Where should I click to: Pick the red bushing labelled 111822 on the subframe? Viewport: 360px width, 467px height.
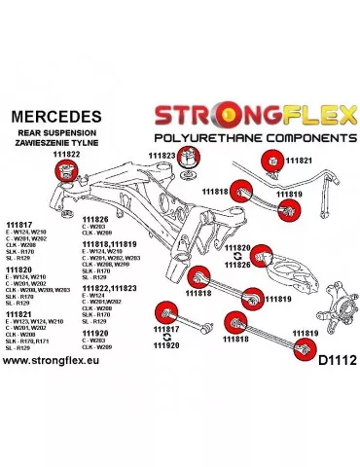click(66, 172)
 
